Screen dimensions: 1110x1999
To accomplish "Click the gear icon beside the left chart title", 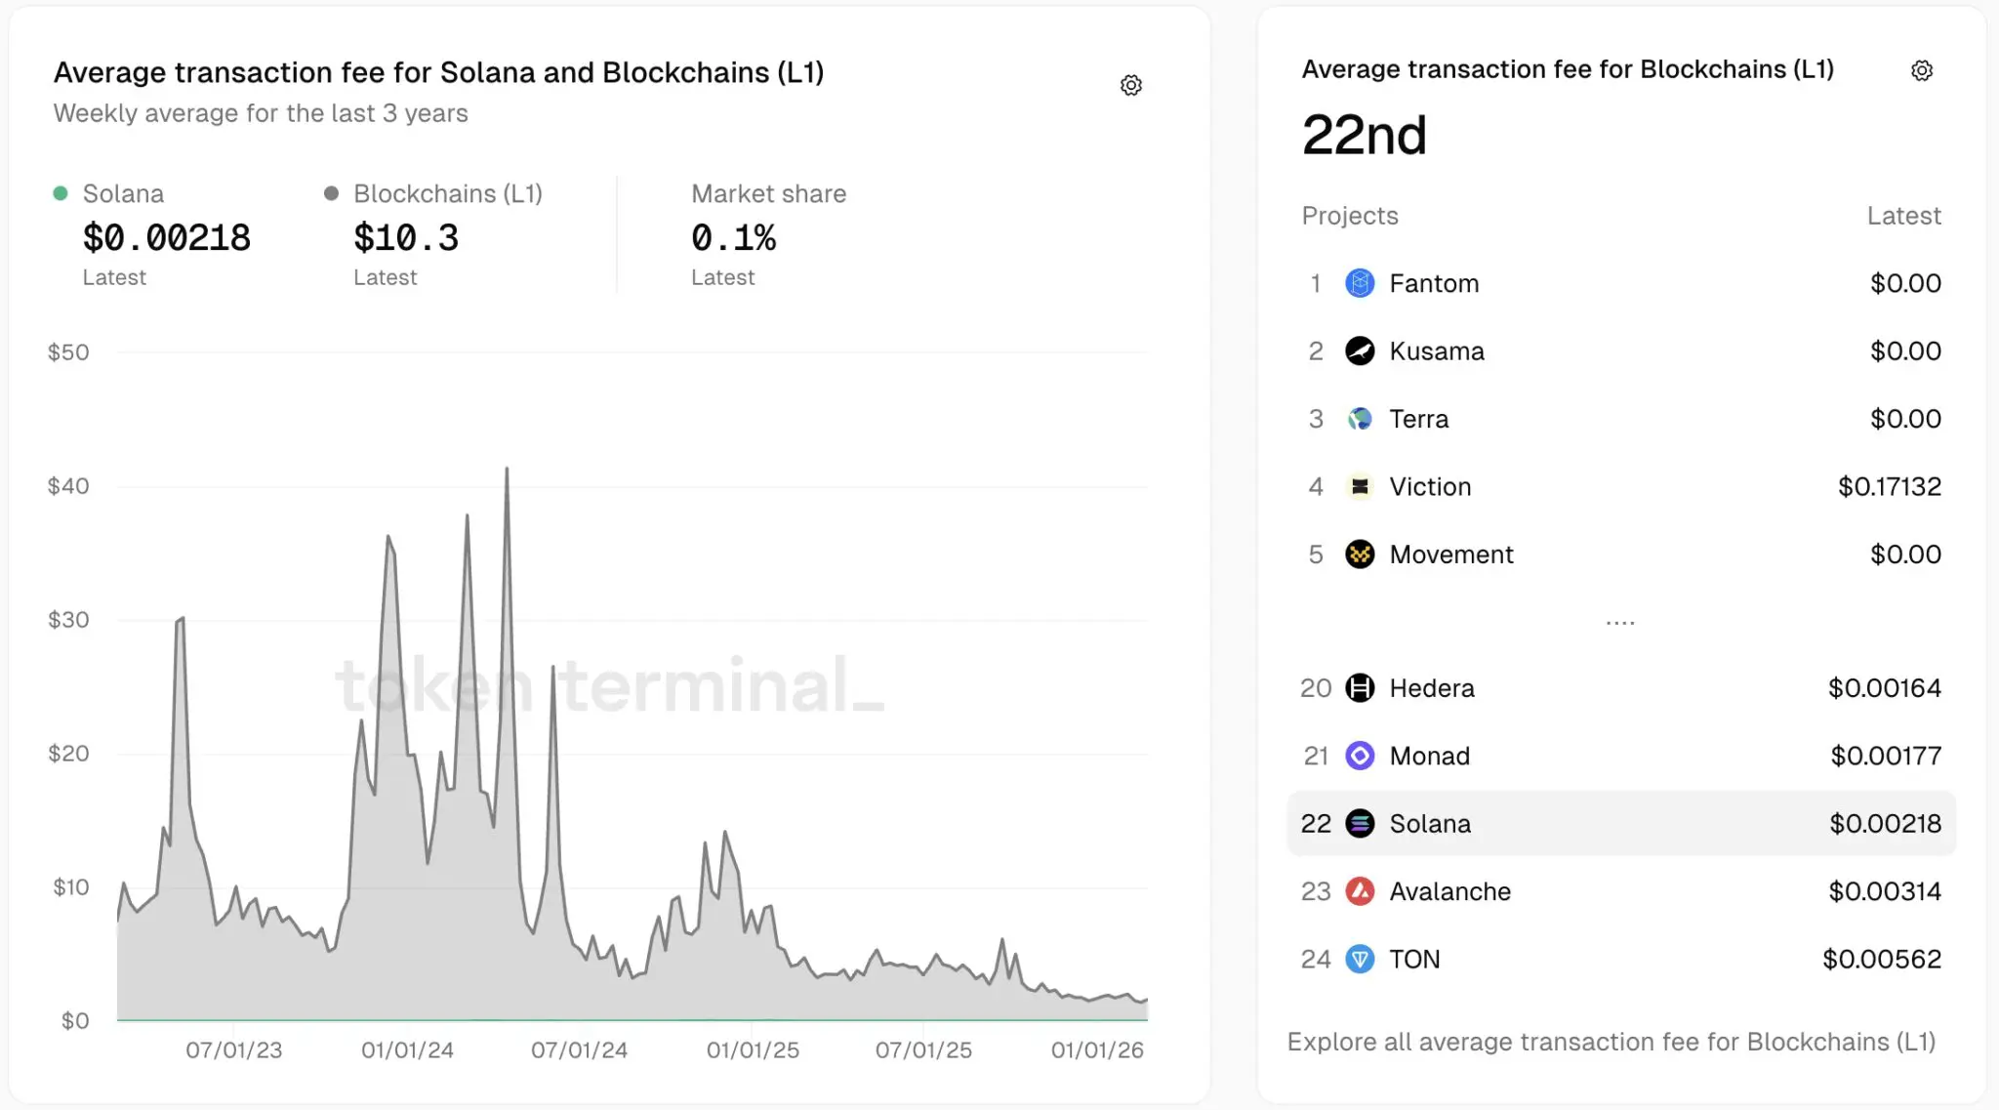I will coord(1131,85).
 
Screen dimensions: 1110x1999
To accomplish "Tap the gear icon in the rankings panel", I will coord(1922,70).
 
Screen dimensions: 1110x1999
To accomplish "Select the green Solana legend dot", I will coord(61,193).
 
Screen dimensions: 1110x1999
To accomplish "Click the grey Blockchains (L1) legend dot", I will coord(332,193).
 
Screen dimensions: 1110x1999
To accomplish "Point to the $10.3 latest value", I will coord(406,238).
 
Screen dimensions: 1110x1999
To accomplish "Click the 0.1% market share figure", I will coord(733,238).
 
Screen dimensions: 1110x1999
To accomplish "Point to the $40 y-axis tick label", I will coord(68,486).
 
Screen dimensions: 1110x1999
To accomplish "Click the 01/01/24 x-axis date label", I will coord(407,1050).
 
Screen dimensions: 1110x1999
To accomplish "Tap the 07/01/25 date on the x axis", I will coord(923,1050).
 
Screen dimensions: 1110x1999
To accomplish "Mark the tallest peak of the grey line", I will coord(507,470).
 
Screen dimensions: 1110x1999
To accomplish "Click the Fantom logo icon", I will coord(1360,283).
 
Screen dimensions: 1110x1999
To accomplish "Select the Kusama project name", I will coord(1437,351).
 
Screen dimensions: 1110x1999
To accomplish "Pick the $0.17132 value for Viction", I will coord(1889,486).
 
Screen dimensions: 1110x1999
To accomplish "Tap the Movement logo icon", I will coord(1360,555).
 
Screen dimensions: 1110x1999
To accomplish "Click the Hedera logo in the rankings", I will coord(1360,688).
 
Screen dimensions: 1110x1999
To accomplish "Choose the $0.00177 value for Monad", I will coord(1886,756).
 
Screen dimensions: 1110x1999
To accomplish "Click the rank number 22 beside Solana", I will coord(1316,824).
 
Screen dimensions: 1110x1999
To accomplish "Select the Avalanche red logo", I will coord(1360,891).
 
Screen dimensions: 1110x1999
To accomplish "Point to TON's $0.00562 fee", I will coord(1882,960).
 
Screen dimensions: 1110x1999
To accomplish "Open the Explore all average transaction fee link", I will coord(1611,1042).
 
